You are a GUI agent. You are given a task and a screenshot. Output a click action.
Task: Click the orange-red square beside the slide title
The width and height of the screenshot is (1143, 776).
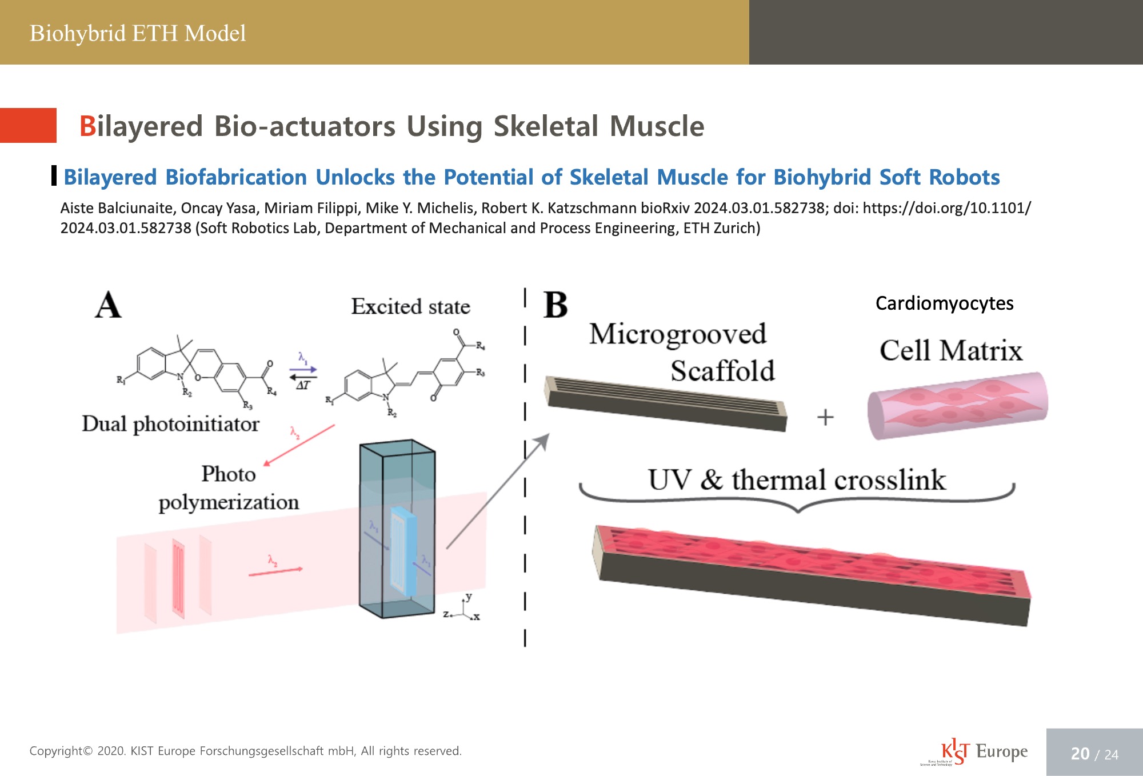point(28,125)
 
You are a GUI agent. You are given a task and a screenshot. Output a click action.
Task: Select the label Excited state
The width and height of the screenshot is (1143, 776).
point(410,307)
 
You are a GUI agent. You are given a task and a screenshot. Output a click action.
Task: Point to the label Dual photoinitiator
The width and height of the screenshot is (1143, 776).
point(170,424)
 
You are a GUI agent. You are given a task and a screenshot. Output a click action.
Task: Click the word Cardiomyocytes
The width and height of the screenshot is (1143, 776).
point(944,303)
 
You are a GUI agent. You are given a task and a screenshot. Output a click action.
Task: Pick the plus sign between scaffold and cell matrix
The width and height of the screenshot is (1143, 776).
point(825,417)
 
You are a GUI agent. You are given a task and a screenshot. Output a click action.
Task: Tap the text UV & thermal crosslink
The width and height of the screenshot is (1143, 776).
point(797,480)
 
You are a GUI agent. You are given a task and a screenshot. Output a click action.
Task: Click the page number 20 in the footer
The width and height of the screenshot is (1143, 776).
point(1080,754)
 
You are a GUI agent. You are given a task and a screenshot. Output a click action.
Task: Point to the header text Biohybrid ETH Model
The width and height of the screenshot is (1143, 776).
point(138,33)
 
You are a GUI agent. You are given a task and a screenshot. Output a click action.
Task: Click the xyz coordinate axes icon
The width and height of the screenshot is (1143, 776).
point(466,609)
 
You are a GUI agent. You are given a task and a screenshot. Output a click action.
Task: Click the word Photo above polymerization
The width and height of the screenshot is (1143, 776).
point(228,474)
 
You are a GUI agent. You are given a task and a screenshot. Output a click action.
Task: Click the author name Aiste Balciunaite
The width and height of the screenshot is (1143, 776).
point(117,208)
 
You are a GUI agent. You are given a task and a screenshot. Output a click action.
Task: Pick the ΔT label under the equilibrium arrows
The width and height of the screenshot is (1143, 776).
point(303,385)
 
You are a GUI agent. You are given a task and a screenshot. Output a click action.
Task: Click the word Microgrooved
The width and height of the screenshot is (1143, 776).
point(677,334)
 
